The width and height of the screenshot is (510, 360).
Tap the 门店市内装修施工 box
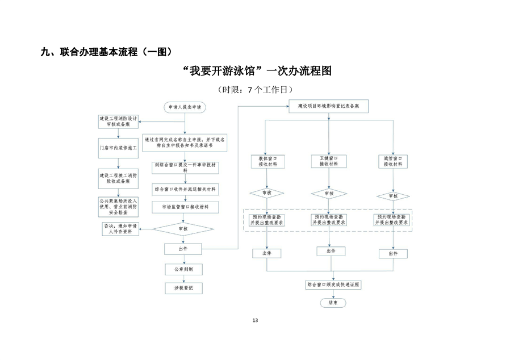119,148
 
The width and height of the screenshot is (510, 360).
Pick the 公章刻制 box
183,269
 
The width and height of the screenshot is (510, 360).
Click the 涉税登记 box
183,289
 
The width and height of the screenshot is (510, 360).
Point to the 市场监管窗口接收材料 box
185,208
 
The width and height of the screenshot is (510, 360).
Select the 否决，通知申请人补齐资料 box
120,229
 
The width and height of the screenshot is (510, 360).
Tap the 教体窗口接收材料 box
266,161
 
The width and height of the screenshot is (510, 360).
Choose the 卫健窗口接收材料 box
329,161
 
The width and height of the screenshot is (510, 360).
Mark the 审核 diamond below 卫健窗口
329,193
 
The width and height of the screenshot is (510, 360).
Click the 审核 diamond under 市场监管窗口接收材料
183,228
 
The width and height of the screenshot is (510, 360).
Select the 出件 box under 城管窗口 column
393,253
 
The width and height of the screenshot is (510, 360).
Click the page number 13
255,321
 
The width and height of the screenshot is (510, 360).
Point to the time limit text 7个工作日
255,89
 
